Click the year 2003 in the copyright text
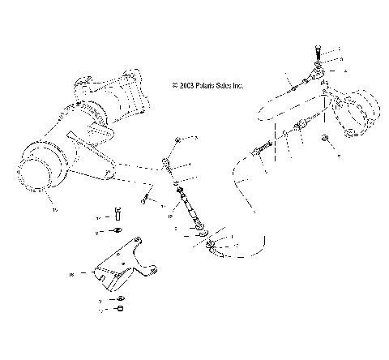click(x=183, y=84)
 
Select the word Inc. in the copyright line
click(x=237, y=84)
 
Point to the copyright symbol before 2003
click(x=173, y=84)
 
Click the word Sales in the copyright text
click(x=222, y=84)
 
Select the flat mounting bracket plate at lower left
click(x=122, y=268)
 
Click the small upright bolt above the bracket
click(x=118, y=215)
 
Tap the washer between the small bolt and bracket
click(x=118, y=232)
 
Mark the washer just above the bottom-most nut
click(x=119, y=299)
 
